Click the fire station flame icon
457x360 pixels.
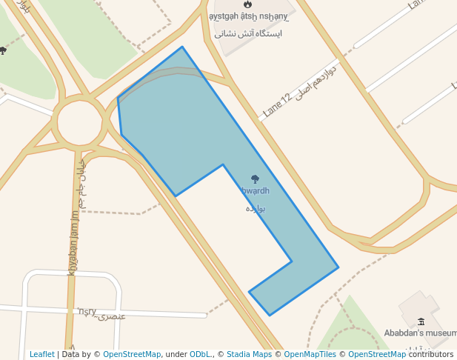click(247, 4)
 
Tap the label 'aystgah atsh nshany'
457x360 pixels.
click(247, 17)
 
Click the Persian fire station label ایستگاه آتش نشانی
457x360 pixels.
click(247, 33)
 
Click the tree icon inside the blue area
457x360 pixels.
click(256, 179)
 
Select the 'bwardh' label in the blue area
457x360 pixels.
click(255, 191)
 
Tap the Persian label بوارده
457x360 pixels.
click(256, 208)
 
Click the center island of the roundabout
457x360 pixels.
click(79, 122)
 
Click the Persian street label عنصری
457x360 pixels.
click(113, 316)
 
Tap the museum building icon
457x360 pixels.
click(421, 321)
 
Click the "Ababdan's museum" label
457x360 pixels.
click(418, 333)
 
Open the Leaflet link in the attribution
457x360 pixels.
click(41, 355)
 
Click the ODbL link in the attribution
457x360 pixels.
click(201, 355)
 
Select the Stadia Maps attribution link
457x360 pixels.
click(249, 355)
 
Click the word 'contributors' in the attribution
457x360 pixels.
click(431, 355)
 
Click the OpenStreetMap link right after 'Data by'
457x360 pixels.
click(132, 355)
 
